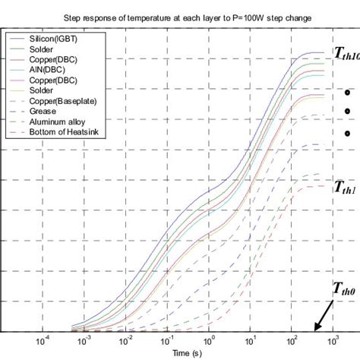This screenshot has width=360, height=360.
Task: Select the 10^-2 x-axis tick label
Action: (125, 341)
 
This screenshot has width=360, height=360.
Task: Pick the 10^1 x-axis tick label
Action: (251, 341)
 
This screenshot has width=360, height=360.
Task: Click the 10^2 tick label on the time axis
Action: (292, 341)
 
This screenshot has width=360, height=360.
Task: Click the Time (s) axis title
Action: (186, 353)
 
